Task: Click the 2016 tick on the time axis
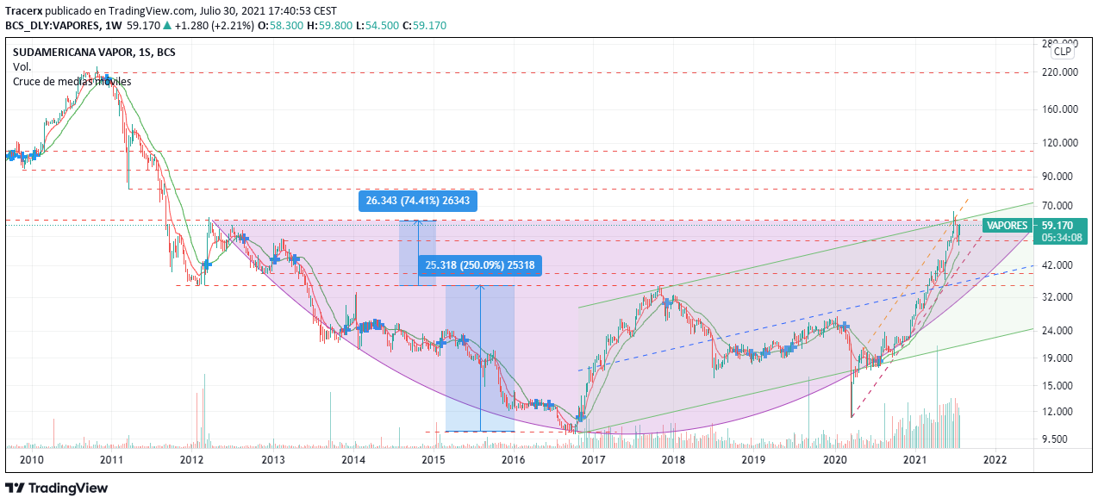tap(513, 460)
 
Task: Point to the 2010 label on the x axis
tap(32, 460)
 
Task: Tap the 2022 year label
tap(995, 460)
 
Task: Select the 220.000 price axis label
tap(1060, 72)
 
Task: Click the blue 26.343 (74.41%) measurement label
tap(419, 201)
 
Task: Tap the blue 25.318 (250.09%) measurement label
tap(479, 265)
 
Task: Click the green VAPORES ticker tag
tap(1007, 226)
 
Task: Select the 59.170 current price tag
tap(1057, 226)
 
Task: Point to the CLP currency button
tap(1064, 52)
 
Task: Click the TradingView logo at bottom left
tap(57, 488)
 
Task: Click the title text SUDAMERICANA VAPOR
tap(72, 53)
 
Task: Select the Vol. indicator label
tap(22, 66)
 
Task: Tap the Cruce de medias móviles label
tap(72, 81)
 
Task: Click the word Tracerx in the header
tap(23, 11)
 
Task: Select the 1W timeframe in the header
tap(115, 25)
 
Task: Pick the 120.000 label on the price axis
tap(1060, 143)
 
